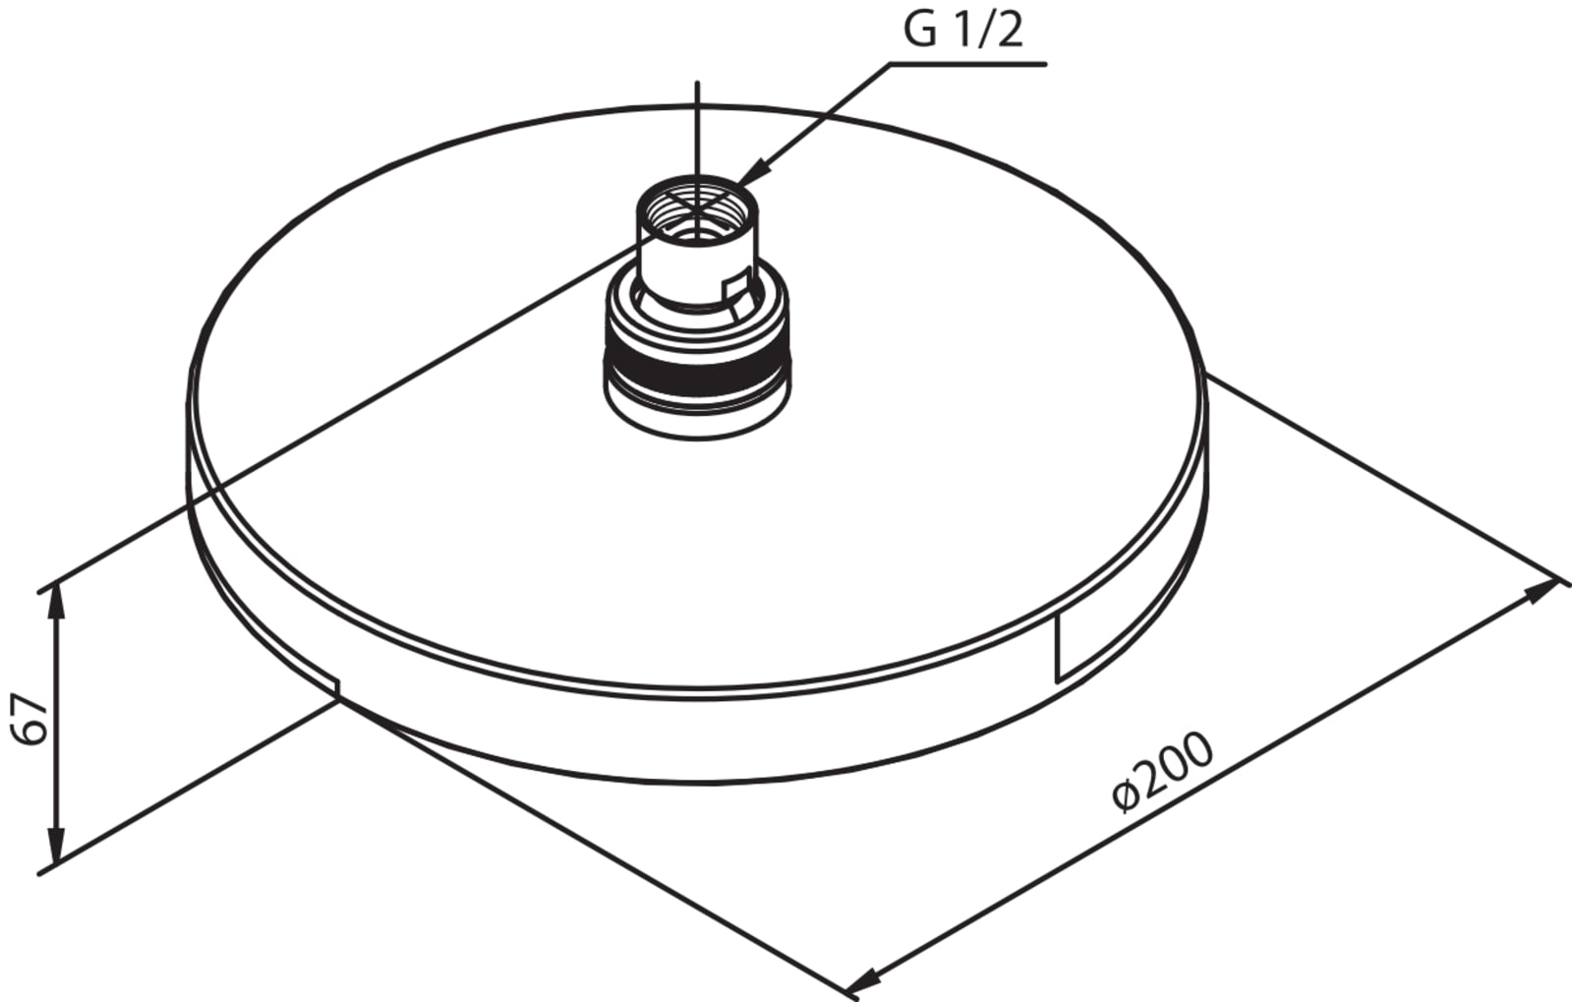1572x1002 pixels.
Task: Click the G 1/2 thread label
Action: (962, 30)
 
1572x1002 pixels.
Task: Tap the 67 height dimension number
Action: (29, 719)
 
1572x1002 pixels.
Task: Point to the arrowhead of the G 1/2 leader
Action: (751, 172)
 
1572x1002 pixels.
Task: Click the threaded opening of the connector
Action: (697, 210)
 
